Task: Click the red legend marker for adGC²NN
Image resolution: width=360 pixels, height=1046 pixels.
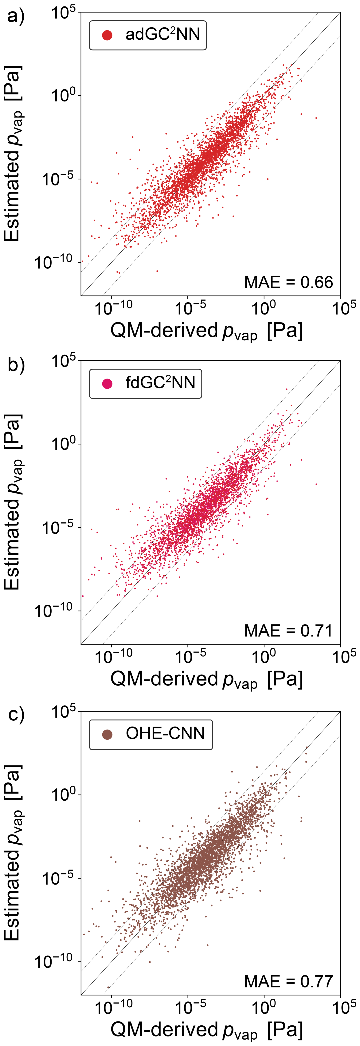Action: coord(107,35)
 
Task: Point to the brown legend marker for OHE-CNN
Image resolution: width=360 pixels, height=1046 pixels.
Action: coord(107,734)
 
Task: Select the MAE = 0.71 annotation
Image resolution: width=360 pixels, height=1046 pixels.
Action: coord(288,631)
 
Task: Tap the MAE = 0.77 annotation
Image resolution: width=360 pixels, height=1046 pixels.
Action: coord(288,981)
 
